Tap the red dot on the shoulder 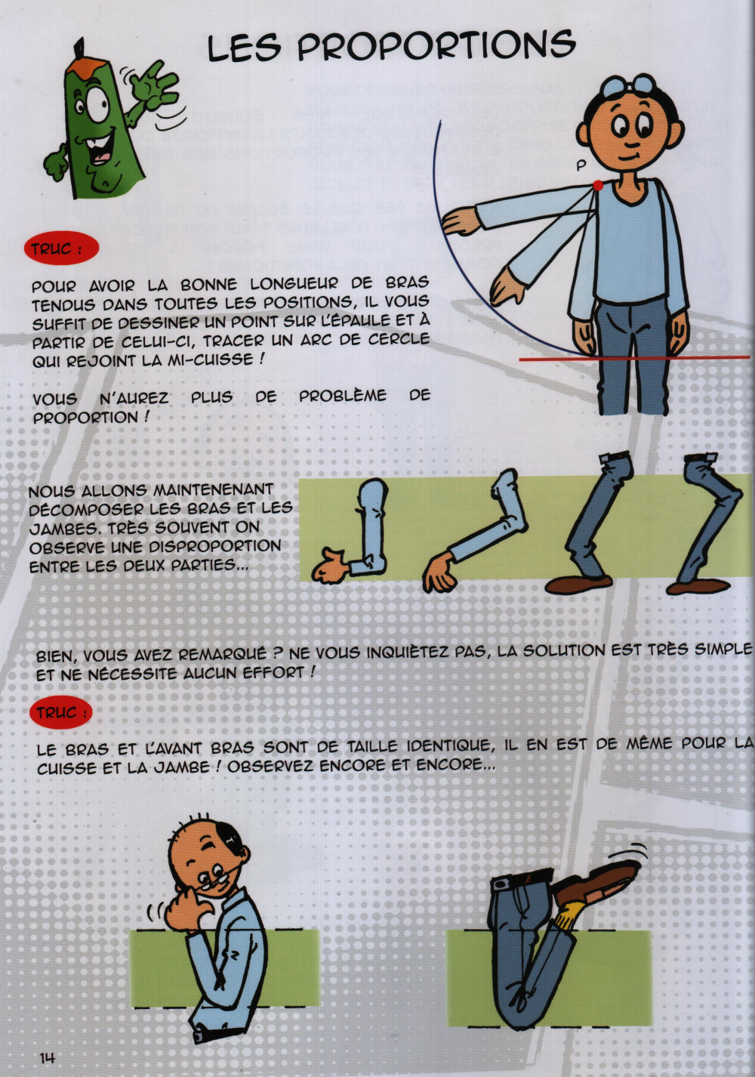point(597,185)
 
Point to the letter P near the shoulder point(581,165)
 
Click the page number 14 point(47,1057)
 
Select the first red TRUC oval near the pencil point(61,248)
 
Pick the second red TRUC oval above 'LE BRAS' point(60,712)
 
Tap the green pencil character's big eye point(98,104)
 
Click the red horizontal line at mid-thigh point(634,358)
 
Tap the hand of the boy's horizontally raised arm point(461,221)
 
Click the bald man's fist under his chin point(185,909)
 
